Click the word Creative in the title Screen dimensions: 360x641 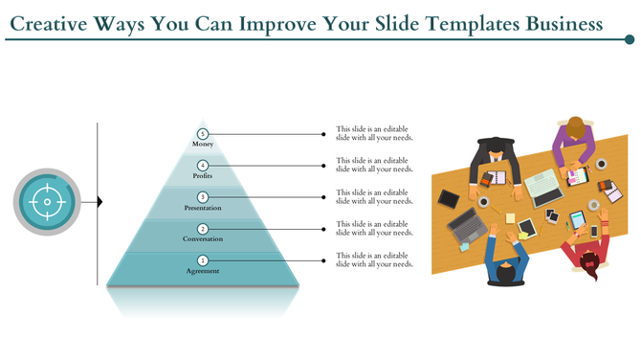pos(53,21)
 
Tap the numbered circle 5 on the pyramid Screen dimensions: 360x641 pos(202,134)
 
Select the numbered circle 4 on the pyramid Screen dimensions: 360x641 pos(202,166)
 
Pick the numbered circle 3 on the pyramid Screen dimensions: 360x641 pos(202,197)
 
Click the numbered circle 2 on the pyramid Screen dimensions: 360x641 pos(202,229)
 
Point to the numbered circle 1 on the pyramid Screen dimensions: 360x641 pos(202,260)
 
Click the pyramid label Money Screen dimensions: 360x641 pos(202,145)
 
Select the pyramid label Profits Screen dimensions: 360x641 pos(202,176)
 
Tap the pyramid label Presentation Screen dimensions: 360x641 pos(202,208)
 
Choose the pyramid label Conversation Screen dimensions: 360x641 pos(202,239)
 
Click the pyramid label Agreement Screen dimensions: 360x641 pos(202,271)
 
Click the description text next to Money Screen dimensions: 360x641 pos(374,134)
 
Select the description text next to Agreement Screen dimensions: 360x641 pos(374,260)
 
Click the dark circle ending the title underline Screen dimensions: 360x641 pos(629,40)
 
